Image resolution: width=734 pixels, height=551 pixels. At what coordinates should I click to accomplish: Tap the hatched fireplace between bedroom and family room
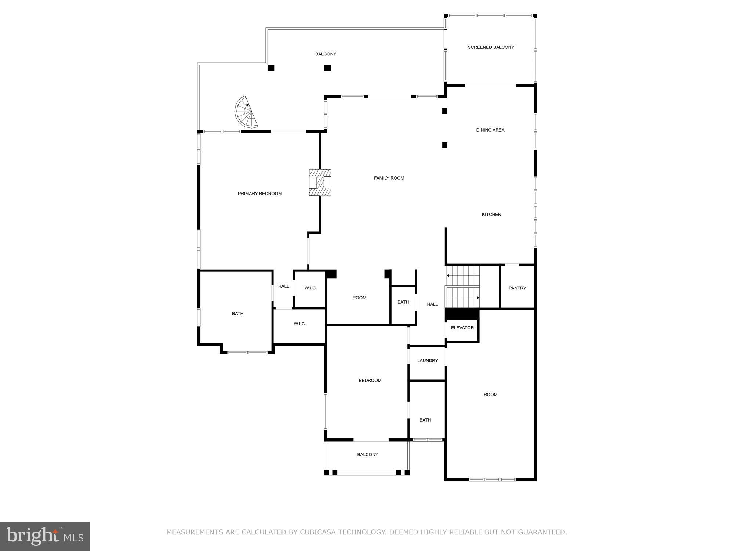[320, 182]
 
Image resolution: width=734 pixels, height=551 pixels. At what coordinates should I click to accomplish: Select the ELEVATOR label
[462, 328]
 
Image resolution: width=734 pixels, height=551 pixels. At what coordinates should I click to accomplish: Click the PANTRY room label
[517, 288]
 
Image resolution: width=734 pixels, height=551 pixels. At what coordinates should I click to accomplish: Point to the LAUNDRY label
[427, 361]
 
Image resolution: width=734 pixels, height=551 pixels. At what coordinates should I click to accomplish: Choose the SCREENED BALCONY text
[491, 47]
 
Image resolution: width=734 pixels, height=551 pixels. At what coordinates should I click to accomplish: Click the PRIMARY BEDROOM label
[259, 194]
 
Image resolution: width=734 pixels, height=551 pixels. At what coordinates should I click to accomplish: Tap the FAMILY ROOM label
[389, 178]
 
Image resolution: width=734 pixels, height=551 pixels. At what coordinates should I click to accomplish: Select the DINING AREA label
[490, 130]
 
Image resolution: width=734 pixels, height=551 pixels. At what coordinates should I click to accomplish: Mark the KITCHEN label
[491, 215]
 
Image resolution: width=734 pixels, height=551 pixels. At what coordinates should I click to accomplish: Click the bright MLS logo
[45, 536]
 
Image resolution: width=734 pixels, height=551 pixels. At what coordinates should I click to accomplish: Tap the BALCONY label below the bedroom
[367, 455]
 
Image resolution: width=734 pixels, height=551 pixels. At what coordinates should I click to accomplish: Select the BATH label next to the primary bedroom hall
[237, 314]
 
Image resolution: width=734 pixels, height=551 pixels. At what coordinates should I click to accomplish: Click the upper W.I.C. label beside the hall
[310, 288]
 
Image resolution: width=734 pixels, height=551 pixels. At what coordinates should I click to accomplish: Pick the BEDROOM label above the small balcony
[370, 381]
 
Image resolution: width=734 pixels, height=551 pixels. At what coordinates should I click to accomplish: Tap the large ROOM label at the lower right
[490, 395]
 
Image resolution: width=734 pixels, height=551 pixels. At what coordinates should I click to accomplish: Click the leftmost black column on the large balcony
[271, 68]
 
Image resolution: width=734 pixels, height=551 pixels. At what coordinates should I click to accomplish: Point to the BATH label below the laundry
[425, 420]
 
